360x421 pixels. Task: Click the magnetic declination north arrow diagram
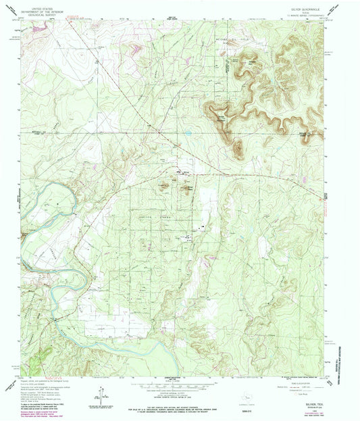coord(101,391)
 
